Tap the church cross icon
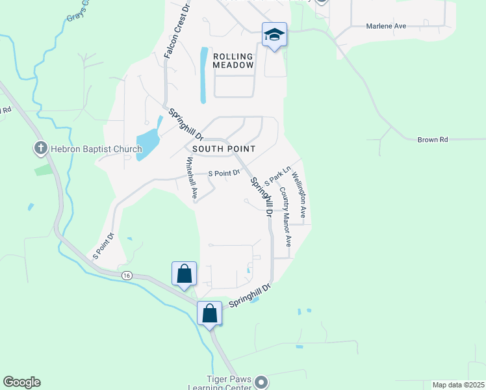coord(40,149)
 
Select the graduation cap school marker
coord(274,34)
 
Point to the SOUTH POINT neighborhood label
coord(224,149)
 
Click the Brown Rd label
coord(433,139)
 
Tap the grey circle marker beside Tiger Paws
coord(261,382)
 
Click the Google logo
coord(21,382)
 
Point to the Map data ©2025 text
coord(457,385)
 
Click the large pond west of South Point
coord(148,140)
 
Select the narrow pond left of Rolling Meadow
coord(204,75)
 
